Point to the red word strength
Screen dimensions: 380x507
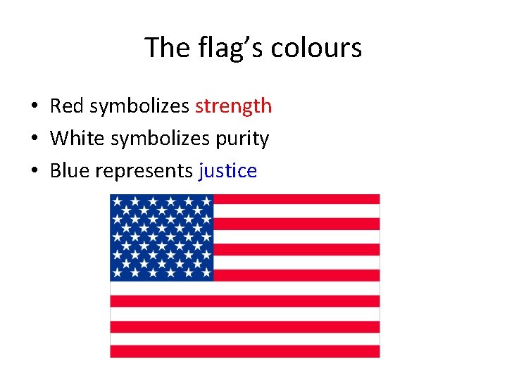[233, 106]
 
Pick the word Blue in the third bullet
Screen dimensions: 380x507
[69, 171]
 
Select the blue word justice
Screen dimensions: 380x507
[228, 171]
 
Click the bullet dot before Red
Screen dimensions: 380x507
[34, 107]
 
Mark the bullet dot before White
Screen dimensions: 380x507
[34, 139]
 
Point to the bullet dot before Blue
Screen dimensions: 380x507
[34, 172]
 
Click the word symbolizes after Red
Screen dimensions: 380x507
[139, 106]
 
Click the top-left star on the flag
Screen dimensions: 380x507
[116, 201]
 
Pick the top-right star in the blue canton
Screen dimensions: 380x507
[206, 201]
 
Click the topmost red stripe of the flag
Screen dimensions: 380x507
[296, 199]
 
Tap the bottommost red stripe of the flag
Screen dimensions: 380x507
[245, 350]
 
